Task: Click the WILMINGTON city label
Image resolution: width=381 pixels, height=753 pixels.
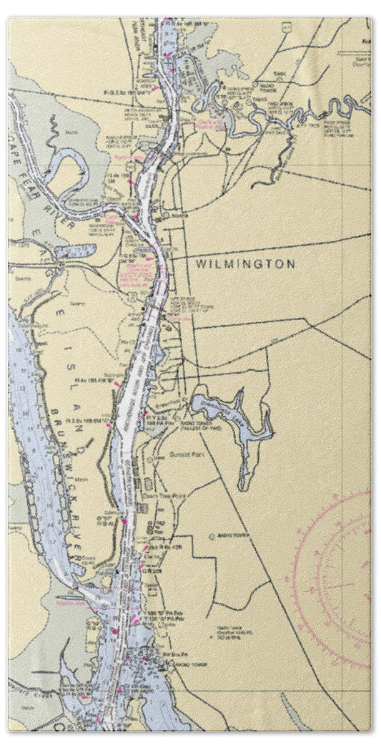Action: click(x=245, y=264)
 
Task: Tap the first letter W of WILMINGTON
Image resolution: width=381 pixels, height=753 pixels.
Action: click(x=200, y=264)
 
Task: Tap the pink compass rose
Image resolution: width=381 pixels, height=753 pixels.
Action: click(x=335, y=580)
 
